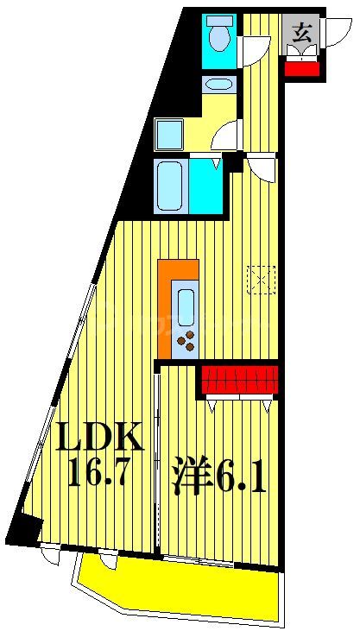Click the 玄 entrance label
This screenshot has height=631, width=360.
click(x=301, y=34)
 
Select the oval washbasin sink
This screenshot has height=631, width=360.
click(x=218, y=85)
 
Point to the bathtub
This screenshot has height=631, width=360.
click(x=169, y=185)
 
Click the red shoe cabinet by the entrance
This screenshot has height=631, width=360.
click(x=301, y=66)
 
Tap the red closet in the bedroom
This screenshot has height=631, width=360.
click(x=240, y=379)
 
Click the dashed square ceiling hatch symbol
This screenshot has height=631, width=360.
click(x=260, y=279)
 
